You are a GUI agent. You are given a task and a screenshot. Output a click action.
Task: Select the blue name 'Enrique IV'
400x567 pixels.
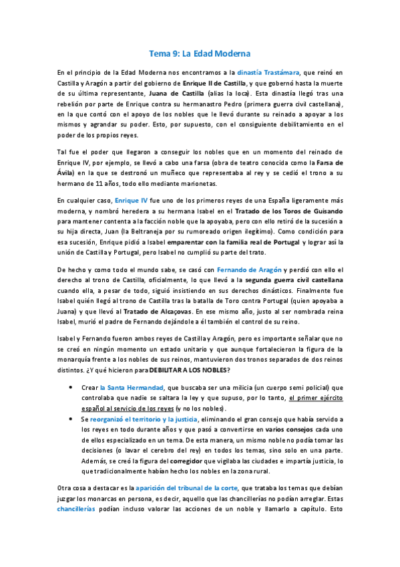point(132,200)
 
